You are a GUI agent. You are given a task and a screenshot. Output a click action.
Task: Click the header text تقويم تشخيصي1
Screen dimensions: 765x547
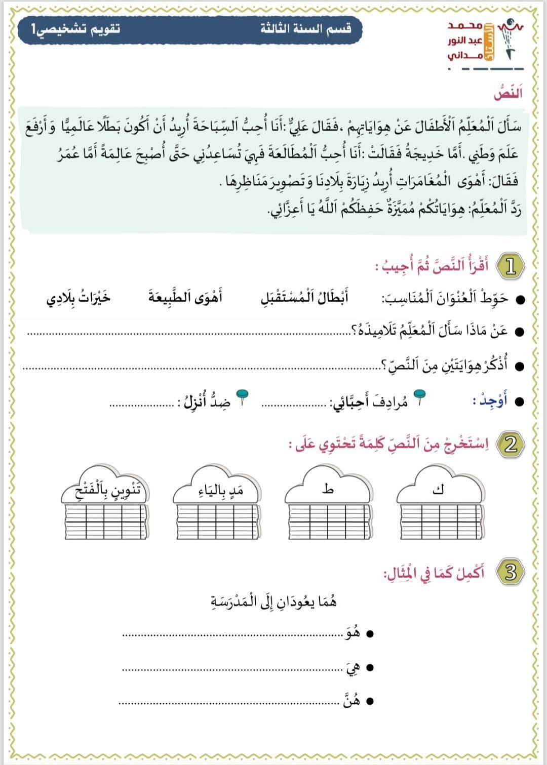point(76,28)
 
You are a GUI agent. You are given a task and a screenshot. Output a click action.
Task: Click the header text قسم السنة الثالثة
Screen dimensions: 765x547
point(305,28)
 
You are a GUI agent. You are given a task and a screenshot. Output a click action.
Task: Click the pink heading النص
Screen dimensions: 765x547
point(507,94)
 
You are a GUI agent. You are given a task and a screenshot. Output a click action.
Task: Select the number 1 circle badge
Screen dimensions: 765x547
point(510,267)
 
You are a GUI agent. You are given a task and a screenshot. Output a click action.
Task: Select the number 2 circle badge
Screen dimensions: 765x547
point(510,445)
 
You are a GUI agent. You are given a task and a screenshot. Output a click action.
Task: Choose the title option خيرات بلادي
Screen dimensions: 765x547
point(79,298)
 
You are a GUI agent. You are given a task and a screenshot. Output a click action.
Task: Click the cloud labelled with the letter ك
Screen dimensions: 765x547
point(439,489)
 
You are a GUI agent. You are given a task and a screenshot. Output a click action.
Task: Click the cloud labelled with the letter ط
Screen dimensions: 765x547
point(328,489)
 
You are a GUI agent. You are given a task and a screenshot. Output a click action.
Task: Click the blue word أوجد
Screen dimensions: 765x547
point(490,401)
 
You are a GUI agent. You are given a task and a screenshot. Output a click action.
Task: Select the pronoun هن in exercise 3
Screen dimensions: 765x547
point(351,701)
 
